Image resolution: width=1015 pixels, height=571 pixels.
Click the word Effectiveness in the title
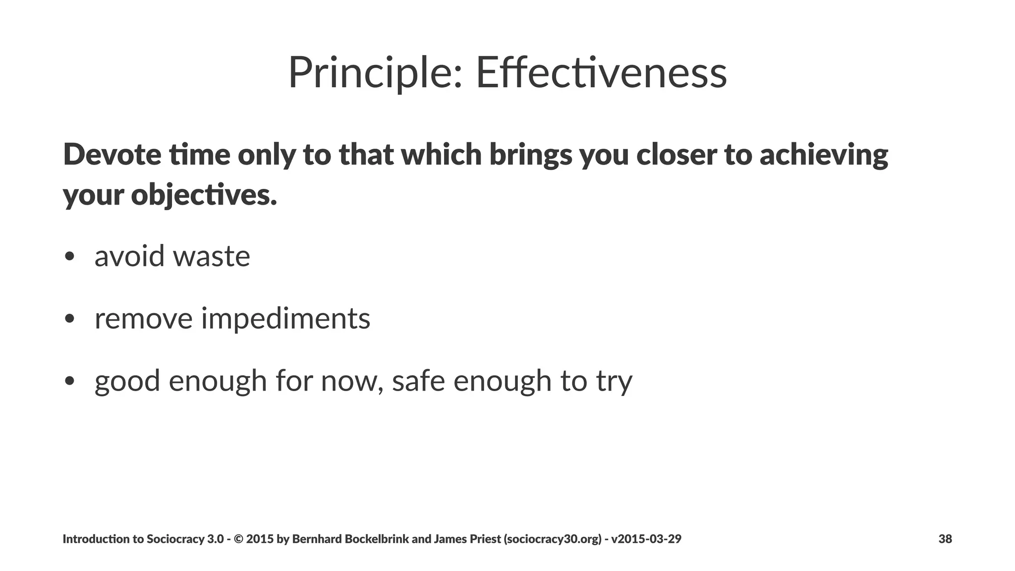click(601, 73)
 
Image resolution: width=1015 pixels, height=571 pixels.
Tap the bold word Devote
click(112, 154)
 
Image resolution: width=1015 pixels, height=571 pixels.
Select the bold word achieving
click(823, 155)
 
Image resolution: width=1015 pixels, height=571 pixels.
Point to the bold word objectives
click(204, 195)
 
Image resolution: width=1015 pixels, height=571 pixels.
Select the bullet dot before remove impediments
click(69, 319)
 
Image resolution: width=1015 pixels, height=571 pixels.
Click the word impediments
click(285, 319)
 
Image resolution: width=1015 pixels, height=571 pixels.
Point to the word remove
click(143, 319)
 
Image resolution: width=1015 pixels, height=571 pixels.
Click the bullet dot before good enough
click(69, 381)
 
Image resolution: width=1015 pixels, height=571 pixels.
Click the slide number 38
click(945, 539)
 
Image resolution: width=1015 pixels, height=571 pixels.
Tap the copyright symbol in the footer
click(238, 539)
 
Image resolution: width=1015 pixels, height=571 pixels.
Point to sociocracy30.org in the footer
click(554, 539)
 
